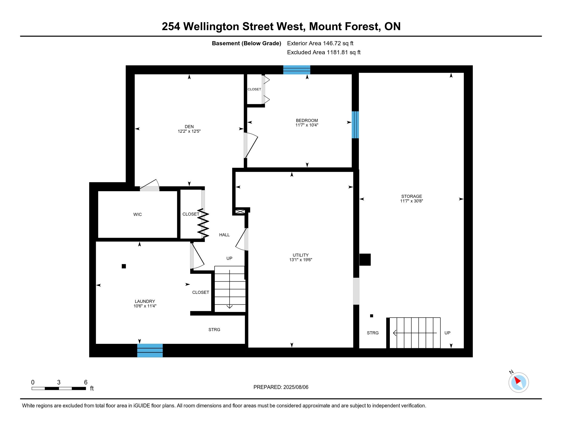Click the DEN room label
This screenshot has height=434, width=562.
(x=189, y=126)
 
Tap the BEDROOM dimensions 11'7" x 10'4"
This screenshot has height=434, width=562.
(x=307, y=125)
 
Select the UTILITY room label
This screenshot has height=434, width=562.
(x=301, y=255)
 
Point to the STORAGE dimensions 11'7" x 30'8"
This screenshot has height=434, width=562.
(x=412, y=201)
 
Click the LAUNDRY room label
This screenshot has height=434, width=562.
(x=145, y=301)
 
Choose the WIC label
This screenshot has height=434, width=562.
(x=137, y=214)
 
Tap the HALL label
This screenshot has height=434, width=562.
(x=224, y=235)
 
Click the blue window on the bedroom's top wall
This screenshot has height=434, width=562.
(x=297, y=70)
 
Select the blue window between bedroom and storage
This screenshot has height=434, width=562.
(x=355, y=125)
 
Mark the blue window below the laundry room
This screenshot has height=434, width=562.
(x=150, y=351)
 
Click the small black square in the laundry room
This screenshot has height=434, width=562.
(x=124, y=266)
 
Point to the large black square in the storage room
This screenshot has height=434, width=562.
(x=365, y=259)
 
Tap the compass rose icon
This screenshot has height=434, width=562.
(x=519, y=382)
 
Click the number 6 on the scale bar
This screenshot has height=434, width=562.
(x=86, y=382)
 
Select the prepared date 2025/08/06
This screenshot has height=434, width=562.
(x=295, y=387)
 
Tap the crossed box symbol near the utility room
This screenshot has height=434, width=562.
(x=240, y=211)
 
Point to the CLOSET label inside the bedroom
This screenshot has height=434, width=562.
(x=254, y=89)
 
